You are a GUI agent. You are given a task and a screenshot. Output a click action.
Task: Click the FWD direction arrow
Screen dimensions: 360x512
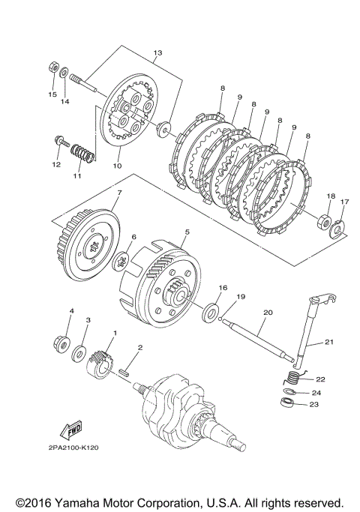[71, 431]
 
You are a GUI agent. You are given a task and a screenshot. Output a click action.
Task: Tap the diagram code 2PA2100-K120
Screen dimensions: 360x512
[73, 448]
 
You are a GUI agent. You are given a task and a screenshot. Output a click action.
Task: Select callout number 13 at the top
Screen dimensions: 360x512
[157, 52]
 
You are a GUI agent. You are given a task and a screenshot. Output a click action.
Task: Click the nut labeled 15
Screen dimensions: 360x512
[53, 67]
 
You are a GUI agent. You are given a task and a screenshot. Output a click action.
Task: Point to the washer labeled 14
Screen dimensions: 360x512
[64, 73]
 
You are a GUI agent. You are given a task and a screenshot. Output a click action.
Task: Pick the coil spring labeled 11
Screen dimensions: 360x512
[83, 153]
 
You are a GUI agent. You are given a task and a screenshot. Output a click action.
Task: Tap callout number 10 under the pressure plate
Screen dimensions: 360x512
[117, 166]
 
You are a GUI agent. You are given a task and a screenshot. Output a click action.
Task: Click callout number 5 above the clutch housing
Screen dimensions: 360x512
[187, 232]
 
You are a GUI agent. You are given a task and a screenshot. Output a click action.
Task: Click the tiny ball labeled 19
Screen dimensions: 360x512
[220, 319]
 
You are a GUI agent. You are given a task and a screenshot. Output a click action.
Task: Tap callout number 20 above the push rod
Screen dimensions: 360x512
[268, 313]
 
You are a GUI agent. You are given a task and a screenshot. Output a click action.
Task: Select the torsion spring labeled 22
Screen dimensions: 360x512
[294, 378]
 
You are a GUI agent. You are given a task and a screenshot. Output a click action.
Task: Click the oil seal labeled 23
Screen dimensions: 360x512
[287, 402]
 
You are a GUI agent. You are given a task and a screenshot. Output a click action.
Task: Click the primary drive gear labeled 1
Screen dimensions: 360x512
[99, 365]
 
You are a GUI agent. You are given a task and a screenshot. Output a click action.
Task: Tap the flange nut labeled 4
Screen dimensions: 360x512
[61, 344]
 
